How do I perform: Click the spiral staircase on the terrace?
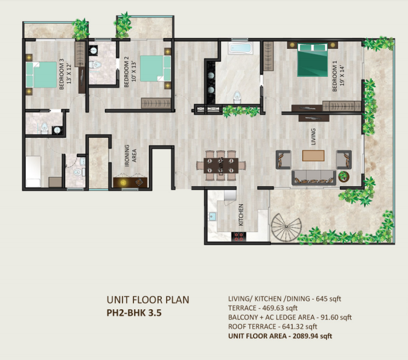click(286, 227)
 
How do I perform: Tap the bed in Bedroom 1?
click(312, 60)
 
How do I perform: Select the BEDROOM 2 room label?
click(127, 72)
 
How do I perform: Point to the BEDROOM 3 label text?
click(62, 74)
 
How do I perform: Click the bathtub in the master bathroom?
click(241, 48)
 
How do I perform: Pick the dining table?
click(221, 166)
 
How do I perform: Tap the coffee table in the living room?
click(313, 155)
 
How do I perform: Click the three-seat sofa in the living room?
click(314, 178)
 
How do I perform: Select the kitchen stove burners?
click(239, 237)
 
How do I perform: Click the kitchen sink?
click(212, 216)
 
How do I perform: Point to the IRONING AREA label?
click(130, 155)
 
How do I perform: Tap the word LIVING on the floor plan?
click(313, 137)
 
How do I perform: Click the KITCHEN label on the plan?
click(241, 215)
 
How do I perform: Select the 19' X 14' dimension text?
click(342, 76)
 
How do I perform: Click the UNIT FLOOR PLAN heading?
click(148, 300)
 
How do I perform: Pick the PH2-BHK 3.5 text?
click(134, 313)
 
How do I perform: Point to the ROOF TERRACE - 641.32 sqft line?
click(273, 327)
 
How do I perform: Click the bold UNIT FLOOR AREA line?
click(280, 336)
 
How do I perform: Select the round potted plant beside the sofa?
click(344, 176)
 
